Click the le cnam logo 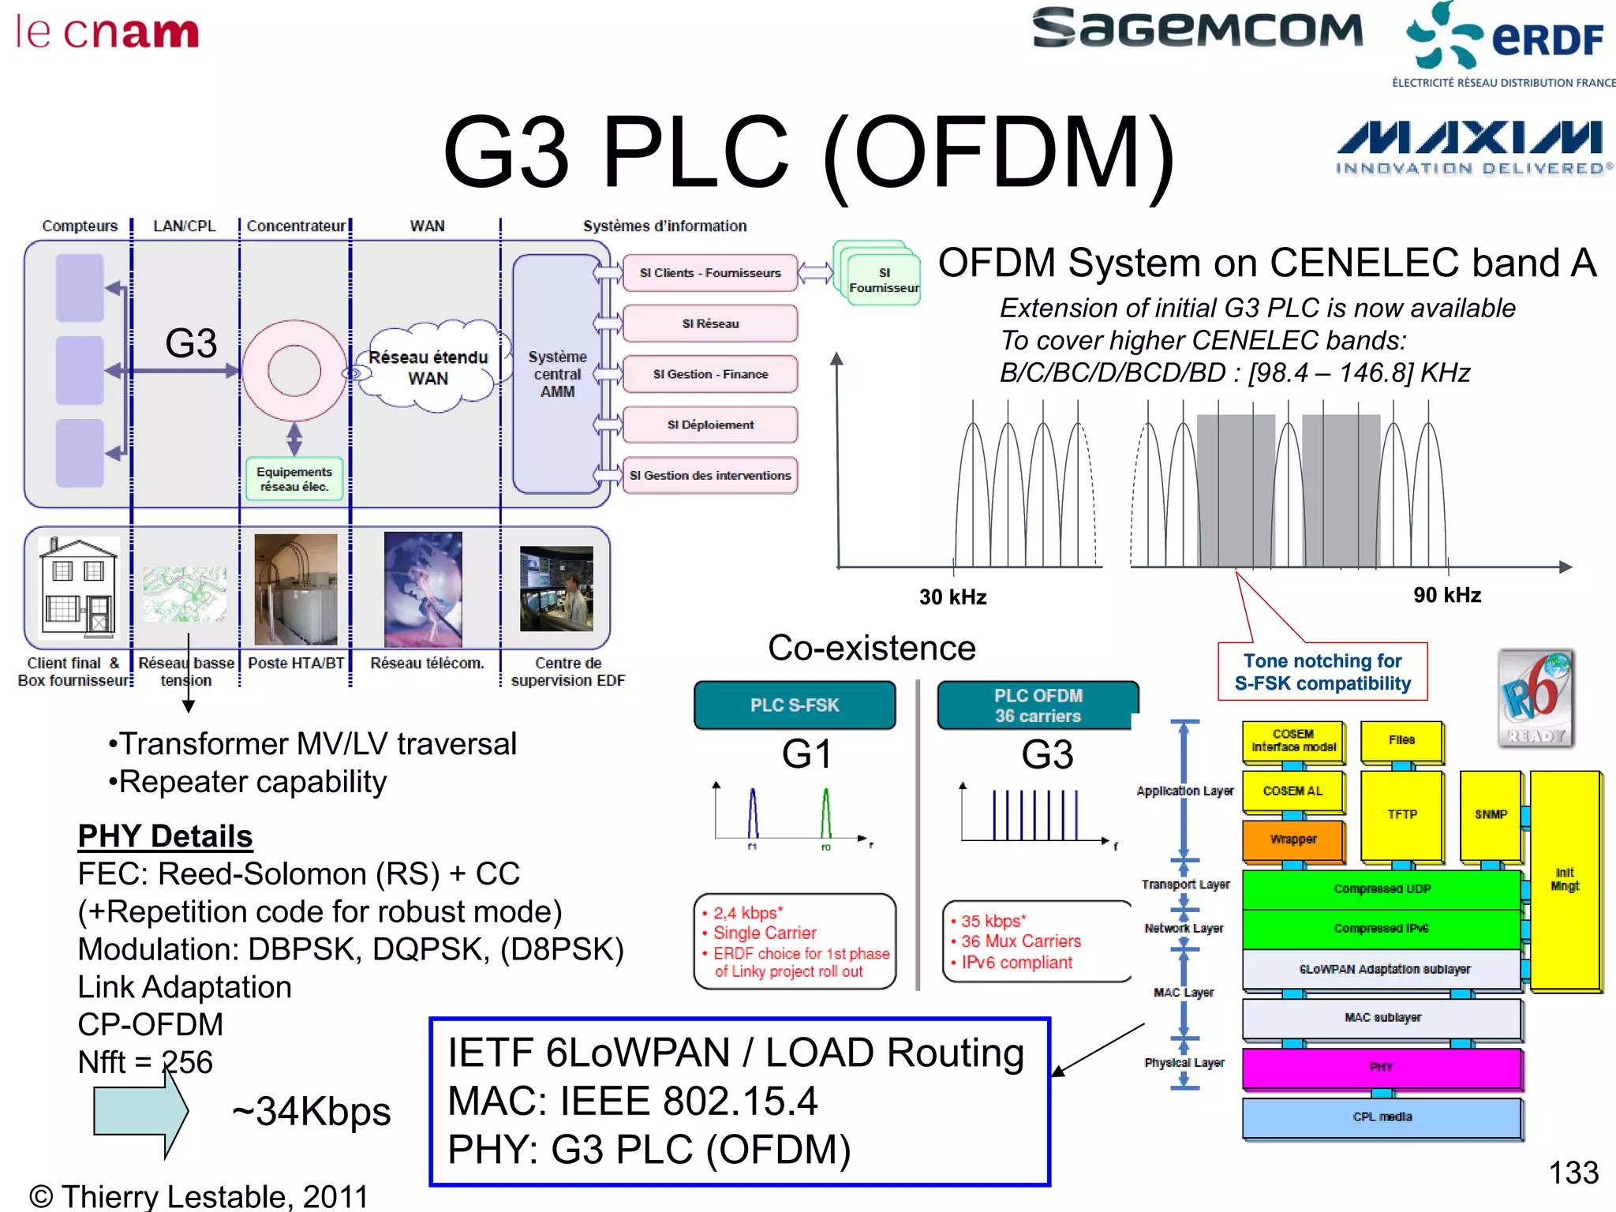click(107, 33)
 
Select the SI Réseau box click(710, 324)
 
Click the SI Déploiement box click(710, 425)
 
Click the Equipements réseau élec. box click(294, 479)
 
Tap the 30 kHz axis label click(952, 597)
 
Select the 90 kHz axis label click(1446, 595)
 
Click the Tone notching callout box click(1322, 671)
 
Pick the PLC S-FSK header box click(795, 705)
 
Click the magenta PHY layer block click(1381, 1068)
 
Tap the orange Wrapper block click(1292, 840)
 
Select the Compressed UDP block click(1381, 889)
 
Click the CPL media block click(1381, 1117)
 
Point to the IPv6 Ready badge click(1536, 698)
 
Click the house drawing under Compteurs click(78, 586)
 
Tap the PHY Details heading click(165, 836)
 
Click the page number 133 click(1573, 1173)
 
